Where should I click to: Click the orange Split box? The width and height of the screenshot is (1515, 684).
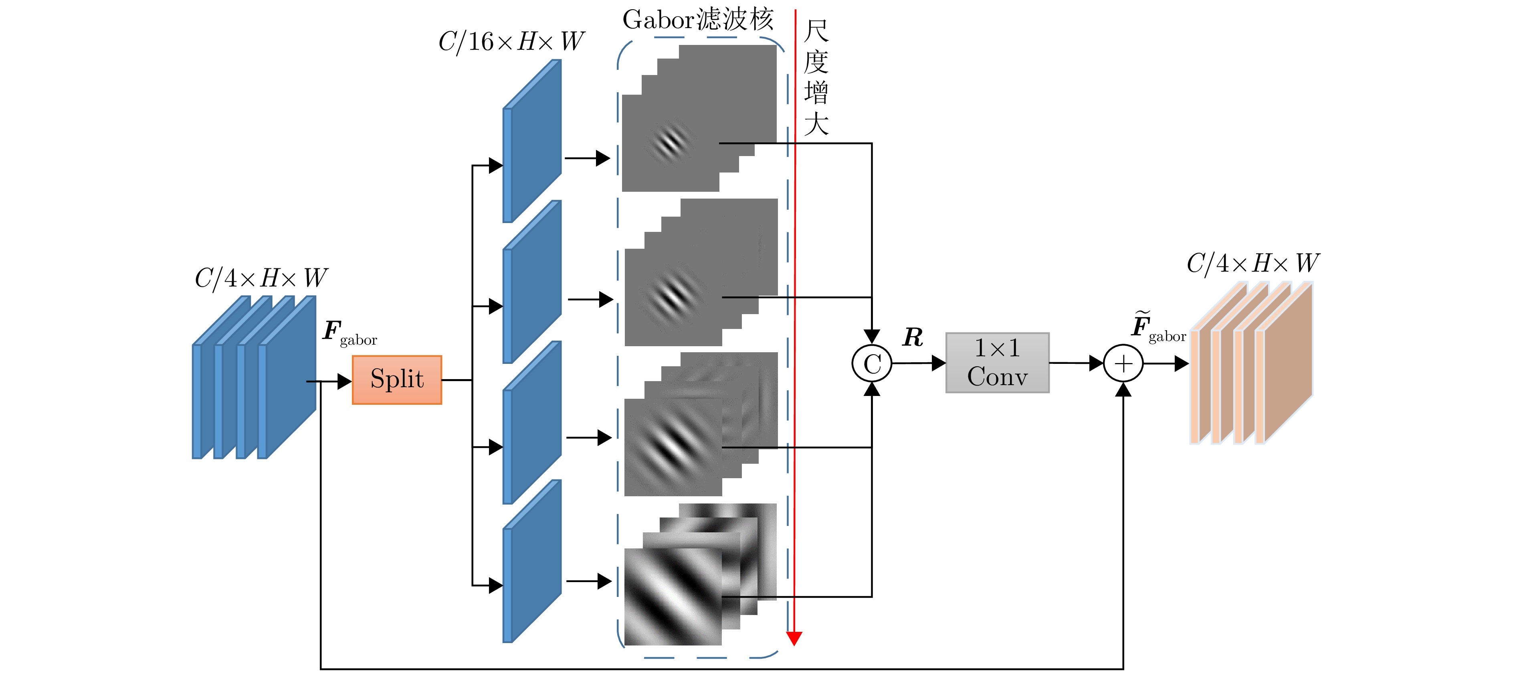point(397,380)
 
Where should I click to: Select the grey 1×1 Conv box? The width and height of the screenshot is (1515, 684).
point(997,363)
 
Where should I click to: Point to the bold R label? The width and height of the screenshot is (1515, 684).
point(913,337)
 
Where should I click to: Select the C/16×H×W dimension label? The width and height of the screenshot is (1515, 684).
point(511,42)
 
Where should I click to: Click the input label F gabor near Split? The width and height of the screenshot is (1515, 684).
point(349,333)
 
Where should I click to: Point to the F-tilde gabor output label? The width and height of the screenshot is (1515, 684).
point(1157,327)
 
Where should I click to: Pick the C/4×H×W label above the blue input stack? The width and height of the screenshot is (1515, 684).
point(261,278)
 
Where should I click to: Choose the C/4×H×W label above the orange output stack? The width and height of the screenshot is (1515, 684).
point(1253,263)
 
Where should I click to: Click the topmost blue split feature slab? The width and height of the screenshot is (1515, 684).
point(532,141)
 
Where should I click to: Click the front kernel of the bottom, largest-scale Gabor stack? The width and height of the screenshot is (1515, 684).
point(672,596)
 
